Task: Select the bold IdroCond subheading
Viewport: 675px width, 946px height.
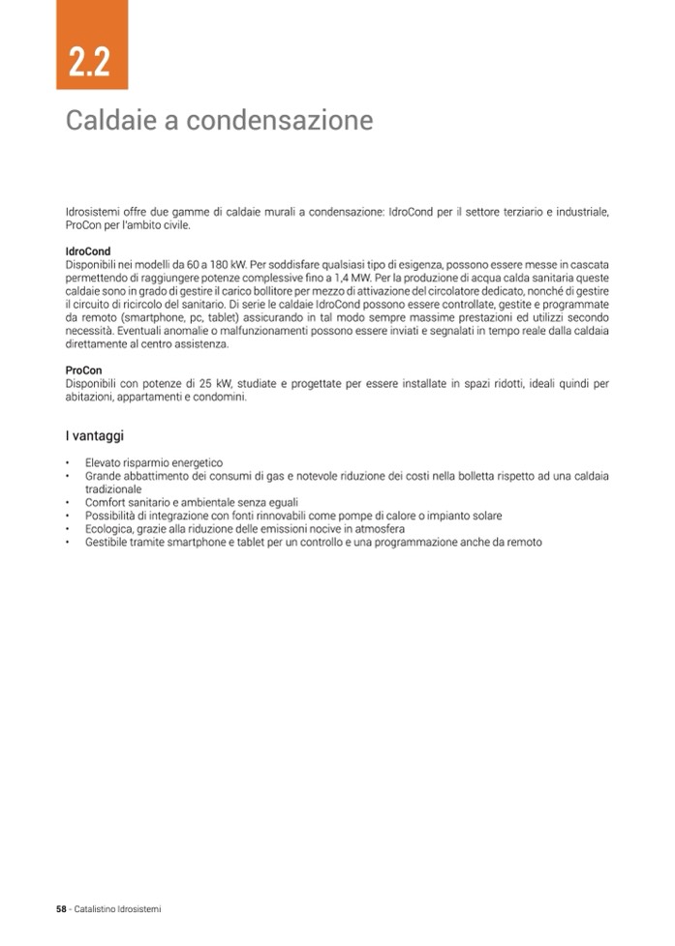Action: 87,251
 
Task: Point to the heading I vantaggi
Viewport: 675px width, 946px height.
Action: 94,436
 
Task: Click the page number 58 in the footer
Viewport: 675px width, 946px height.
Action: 60,909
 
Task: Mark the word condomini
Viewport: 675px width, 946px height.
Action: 220,398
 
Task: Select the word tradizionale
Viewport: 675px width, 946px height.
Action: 113,489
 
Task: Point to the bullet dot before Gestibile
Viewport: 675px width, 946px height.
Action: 68,543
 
